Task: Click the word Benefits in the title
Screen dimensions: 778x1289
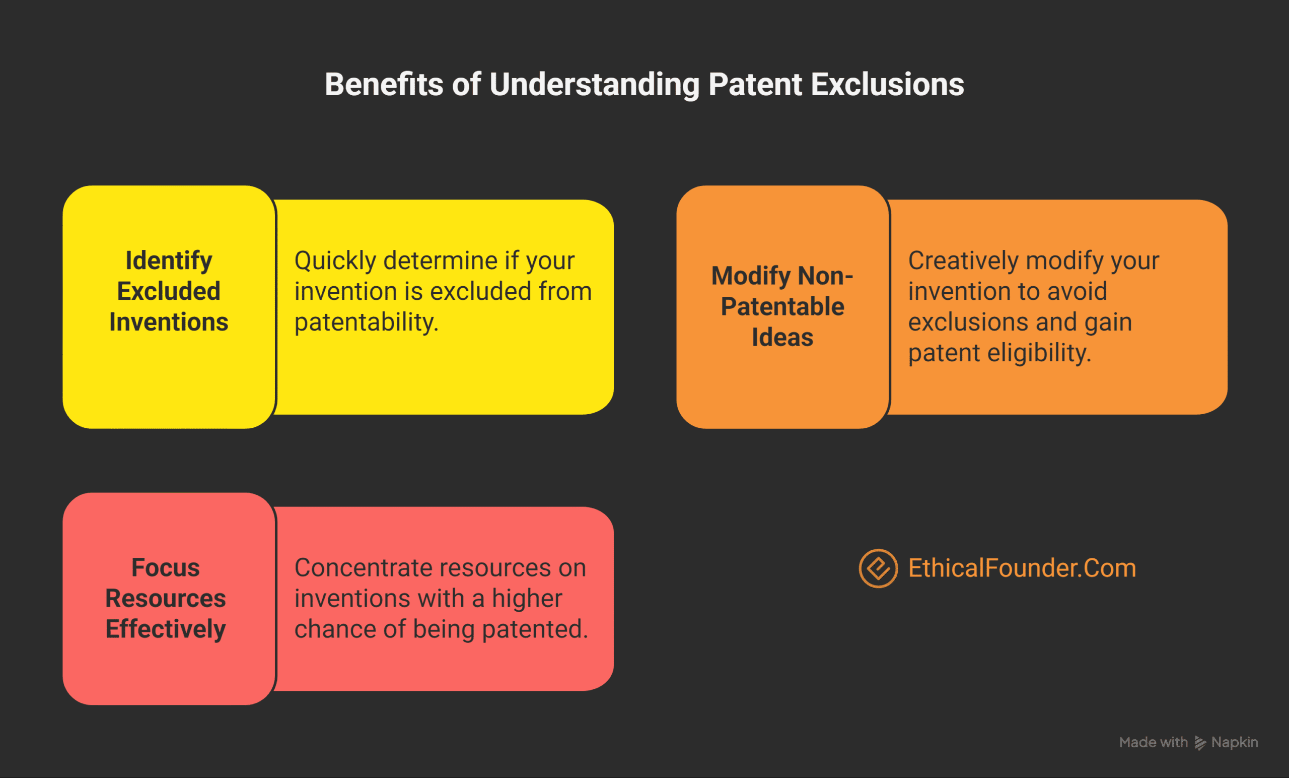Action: [x=384, y=85]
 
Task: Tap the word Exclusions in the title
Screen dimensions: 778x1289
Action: [x=887, y=85]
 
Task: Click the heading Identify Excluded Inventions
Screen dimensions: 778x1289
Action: [x=169, y=291]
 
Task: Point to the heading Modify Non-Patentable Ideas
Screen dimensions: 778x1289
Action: [x=782, y=306]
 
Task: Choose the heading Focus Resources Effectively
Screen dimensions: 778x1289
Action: [x=165, y=598]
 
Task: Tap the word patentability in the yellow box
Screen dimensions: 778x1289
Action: [x=366, y=322]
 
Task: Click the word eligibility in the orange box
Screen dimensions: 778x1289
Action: [x=1038, y=353]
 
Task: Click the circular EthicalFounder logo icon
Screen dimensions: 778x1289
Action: [x=878, y=568]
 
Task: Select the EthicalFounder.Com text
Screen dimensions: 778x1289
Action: [x=1022, y=568]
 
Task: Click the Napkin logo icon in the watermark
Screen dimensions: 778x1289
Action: [x=1200, y=743]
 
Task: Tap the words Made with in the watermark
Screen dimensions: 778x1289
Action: [x=1153, y=742]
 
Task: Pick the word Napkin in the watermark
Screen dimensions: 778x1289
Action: [x=1235, y=742]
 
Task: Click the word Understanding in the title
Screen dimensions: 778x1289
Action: [x=594, y=85]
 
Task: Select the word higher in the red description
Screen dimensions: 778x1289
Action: [x=527, y=599]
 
